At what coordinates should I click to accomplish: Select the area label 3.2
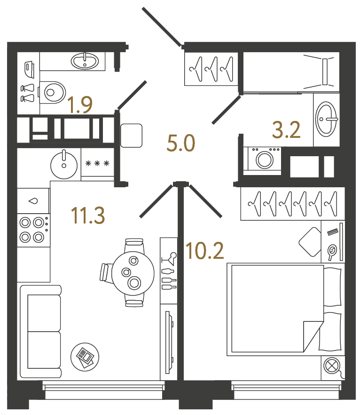[x=286, y=130]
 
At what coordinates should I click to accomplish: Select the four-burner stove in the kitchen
[x=33, y=229]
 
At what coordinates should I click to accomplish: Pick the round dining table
[x=133, y=272]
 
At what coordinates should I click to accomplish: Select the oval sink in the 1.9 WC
[x=85, y=60]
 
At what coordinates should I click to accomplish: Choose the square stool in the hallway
[x=132, y=136]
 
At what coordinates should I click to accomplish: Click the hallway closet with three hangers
[x=211, y=69]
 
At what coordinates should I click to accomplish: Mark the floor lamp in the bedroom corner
[x=333, y=367]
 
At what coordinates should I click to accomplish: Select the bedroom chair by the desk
[x=311, y=241]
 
